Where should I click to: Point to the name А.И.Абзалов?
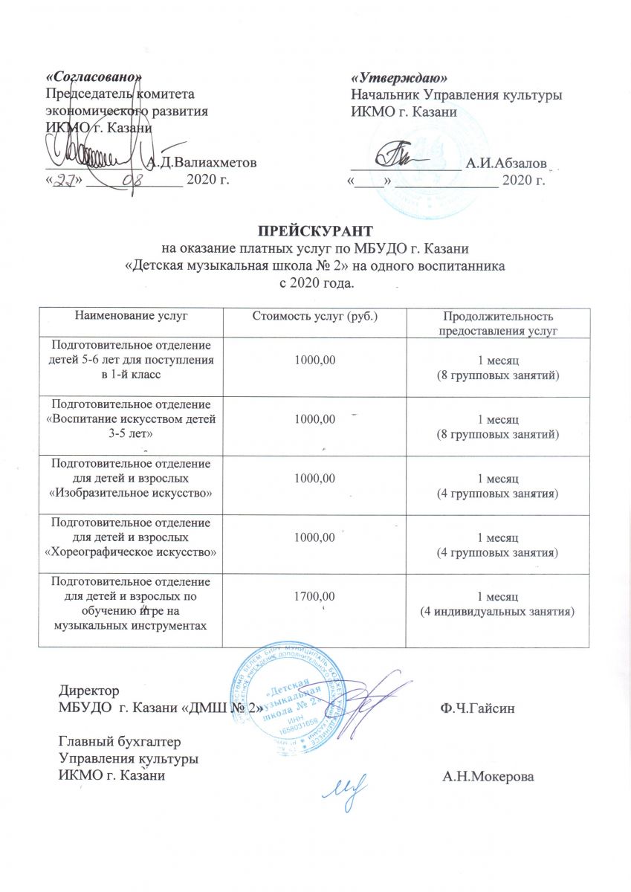point(506,163)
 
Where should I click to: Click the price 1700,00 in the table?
point(315,595)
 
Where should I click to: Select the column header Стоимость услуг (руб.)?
point(315,317)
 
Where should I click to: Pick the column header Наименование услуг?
point(131,317)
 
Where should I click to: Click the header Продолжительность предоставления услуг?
point(497,323)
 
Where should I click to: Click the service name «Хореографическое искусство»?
point(131,552)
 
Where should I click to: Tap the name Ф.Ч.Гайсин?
point(474,708)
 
